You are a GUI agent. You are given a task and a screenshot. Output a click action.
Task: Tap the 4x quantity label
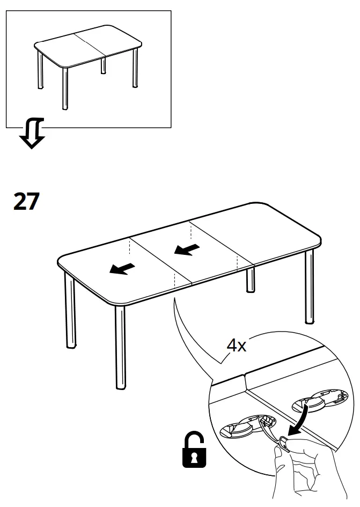click(x=236, y=346)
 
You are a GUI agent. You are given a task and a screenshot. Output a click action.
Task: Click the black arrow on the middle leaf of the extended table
click(x=187, y=250)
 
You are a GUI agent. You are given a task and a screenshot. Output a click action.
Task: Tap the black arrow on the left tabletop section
click(x=122, y=268)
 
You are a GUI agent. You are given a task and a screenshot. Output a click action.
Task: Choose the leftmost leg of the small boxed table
click(x=39, y=70)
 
